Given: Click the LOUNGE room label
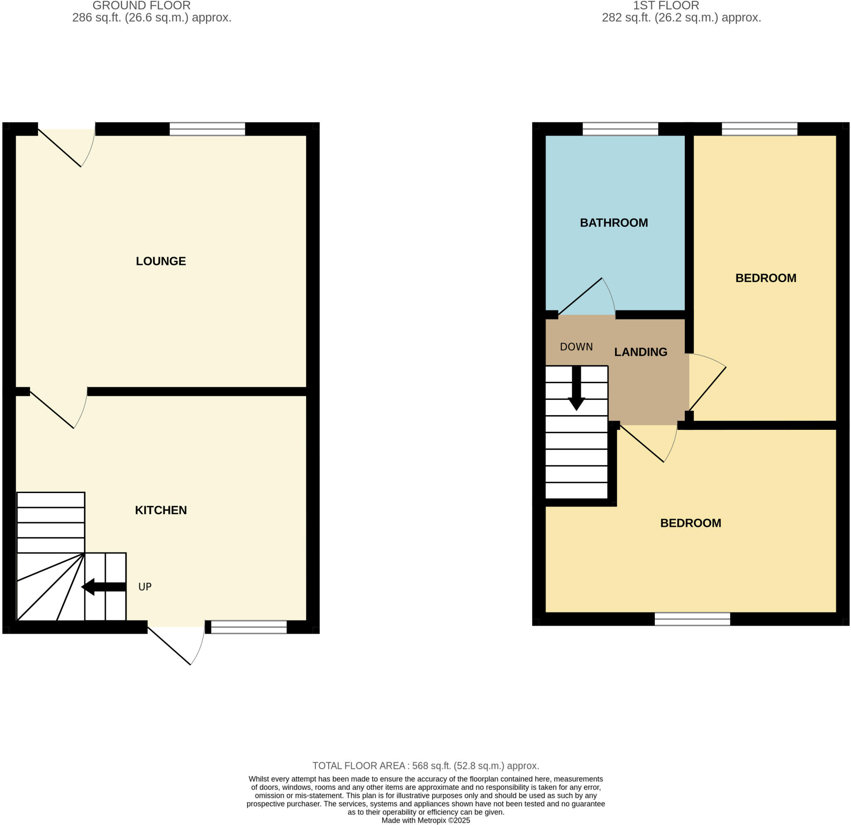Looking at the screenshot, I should pyautogui.click(x=161, y=261).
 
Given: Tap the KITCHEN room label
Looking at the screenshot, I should pyautogui.click(x=161, y=510).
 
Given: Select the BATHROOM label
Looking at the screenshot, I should pyautogui.click(x=613, y=223).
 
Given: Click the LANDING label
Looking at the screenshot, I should pyautogui.click(x=640, y=352).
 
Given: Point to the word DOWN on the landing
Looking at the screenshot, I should pyautogui.click(x=576, y=347).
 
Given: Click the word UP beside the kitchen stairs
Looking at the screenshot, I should pyautogui.click(x=145, y=587).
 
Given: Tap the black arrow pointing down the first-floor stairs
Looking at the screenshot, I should pyautogui.click(x=576, y=389).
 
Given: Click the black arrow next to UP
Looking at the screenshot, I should pyautogui.click(x=104, y=587).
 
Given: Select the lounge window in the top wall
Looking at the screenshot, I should pyautogui.click(x=207, y=129).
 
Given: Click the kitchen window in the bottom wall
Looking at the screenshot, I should pyautogui.click(x=249, y=627).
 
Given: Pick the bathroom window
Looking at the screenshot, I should pyautogui.click(x=620, y=129).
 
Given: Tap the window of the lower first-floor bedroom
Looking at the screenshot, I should pyautogui.click(x=692, y=619).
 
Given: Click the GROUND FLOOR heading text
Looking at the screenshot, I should pyautogui.click(x=142, y=6).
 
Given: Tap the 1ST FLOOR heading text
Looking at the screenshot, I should pyautogui.click(x=666, y=6).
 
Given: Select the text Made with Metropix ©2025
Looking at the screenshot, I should pyautogui.click(x=425, y=820).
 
